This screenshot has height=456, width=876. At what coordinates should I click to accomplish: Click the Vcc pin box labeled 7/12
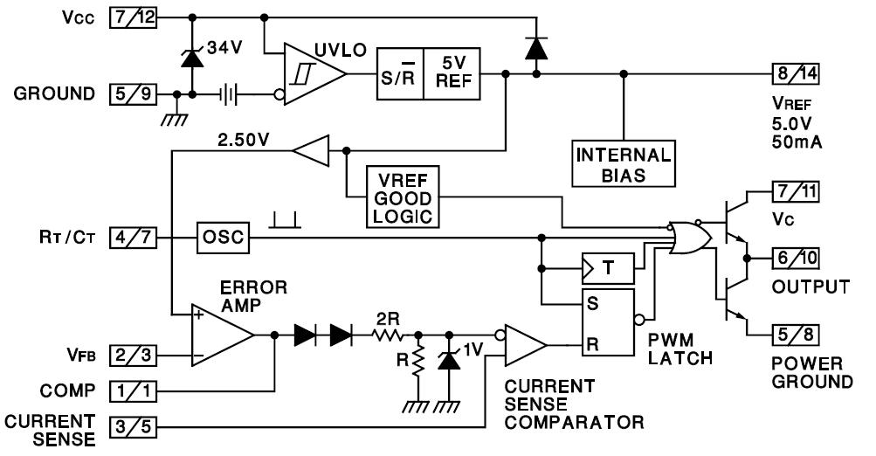133,17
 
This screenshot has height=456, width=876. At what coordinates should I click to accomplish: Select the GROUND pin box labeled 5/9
133,94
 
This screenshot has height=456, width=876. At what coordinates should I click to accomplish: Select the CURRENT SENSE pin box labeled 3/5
133,427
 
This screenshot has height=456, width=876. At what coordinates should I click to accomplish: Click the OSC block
222,237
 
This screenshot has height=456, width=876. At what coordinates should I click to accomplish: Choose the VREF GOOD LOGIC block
403,197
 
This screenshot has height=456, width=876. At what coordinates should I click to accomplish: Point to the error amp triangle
221,335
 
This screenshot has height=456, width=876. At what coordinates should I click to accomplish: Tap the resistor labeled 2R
387,335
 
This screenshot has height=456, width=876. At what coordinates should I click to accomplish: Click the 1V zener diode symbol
451,358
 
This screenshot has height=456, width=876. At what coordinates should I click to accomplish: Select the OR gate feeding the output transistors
688,238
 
